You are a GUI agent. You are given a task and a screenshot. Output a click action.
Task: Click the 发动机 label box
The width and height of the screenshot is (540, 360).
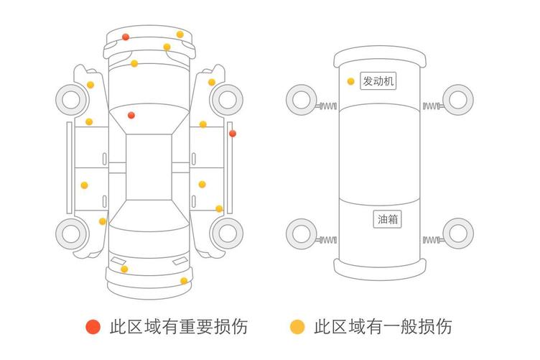coord(378,81)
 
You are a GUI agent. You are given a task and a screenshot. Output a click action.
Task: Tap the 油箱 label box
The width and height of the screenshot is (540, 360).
coord(388,219)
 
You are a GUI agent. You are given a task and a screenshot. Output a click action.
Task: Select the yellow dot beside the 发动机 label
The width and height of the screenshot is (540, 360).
coord(350,81)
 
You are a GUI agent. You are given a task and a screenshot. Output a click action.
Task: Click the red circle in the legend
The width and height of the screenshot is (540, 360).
coord(93,327)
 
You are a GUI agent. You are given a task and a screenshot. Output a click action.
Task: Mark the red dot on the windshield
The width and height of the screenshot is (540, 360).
coord(131,115)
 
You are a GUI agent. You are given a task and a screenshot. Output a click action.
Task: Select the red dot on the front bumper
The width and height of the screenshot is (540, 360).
coord(126,37)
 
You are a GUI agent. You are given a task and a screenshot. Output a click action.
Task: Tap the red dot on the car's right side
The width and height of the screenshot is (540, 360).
coord(232,133)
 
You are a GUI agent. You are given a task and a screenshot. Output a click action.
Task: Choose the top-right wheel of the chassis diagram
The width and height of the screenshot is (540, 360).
coord(457,98)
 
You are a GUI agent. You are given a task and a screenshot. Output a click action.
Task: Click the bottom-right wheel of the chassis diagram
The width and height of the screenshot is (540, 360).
coord(457,233)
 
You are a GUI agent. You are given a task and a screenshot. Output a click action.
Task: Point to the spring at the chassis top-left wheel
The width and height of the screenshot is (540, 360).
coord(327,107)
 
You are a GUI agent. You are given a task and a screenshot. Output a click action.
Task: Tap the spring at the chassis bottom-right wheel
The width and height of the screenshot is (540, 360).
coord(432,239)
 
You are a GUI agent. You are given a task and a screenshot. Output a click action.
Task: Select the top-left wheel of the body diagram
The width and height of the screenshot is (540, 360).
coord(71,98)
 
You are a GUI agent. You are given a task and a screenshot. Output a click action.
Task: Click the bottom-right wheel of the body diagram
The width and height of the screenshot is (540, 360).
coord(228,233)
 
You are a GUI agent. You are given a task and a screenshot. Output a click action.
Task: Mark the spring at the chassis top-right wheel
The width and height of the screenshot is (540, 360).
coord(432,106)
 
